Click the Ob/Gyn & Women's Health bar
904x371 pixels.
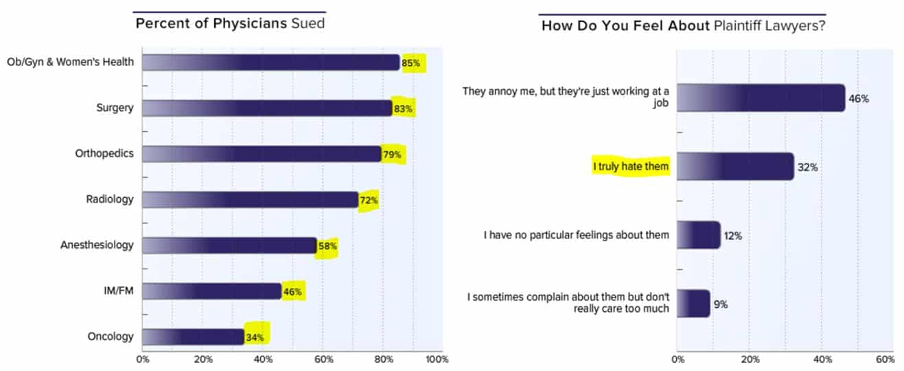(x=270, y=63)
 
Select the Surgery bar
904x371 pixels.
(x=267, y=108)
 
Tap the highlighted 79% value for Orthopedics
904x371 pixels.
(x=393, y=154)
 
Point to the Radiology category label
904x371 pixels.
(x=110, y=199)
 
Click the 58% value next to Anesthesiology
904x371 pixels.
(x=327, y=245)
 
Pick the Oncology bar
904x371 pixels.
(x=193, y=337)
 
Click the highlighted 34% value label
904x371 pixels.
(x=256, y=337)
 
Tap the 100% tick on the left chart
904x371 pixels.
(x=437, y=359)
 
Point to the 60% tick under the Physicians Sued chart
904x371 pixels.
(x=323, y=359)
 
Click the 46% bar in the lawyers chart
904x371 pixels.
(x=761, y=98)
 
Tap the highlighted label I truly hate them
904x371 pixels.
(x=631, y=166)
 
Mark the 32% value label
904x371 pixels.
(x=807, y=167)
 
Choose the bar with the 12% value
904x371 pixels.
(x=699, y=235)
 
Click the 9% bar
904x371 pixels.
(x=693, y=304)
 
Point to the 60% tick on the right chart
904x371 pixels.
(x=885, y=359)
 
